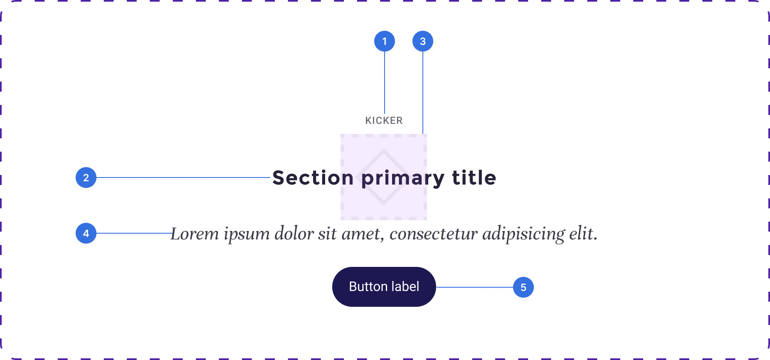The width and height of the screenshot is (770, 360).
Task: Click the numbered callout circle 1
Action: click(385, 41)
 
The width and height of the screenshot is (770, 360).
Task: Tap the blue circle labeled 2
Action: click(86, 178)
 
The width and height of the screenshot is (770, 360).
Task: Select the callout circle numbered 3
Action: click(423, 41)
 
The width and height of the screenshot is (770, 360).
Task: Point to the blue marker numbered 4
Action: click(86, 233)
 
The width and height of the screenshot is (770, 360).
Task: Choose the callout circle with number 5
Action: click(523, 287)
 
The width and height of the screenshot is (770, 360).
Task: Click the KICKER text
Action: click(384, 121)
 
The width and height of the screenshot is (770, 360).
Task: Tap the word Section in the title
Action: click(313, 178)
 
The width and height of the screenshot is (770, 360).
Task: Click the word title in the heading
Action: click(474, 178)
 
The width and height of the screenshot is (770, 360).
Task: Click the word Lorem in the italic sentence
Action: click(195, 234)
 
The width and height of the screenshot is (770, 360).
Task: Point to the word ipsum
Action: click(247, 235)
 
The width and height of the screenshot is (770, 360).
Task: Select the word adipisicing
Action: click(523, 235)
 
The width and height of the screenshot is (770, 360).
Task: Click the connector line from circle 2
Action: click(183, 178)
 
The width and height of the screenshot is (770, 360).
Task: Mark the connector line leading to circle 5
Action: click(474, 287)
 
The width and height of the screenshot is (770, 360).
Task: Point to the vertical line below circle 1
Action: click(385, 82)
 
